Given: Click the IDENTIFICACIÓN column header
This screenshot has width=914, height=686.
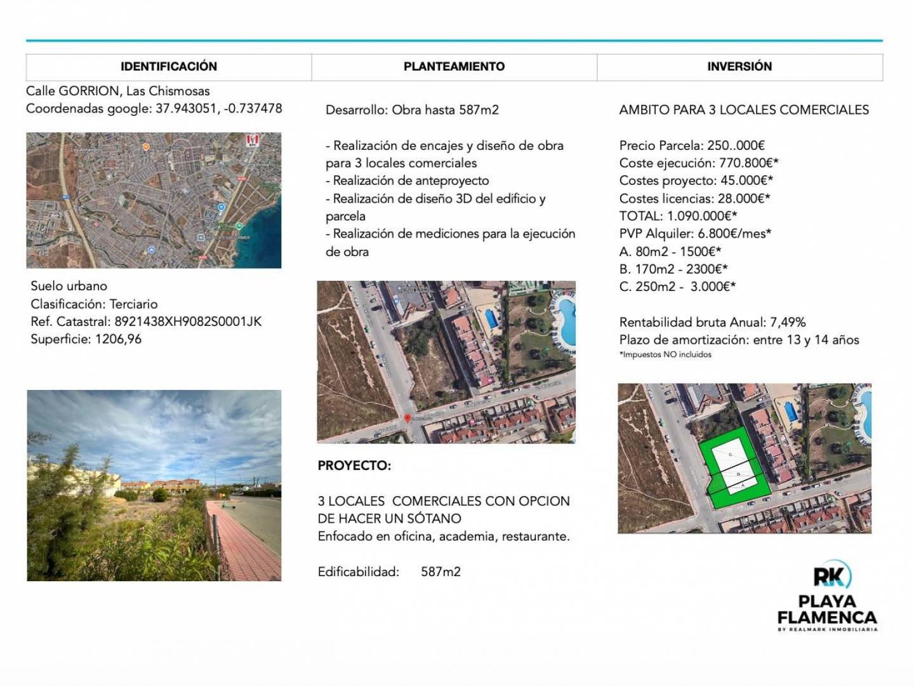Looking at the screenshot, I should pyautogui.click(x=169, y=67).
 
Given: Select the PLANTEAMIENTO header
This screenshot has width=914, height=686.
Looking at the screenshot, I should pyautogui.click(x=454, y=67).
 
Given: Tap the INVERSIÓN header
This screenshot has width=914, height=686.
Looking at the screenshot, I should pyautogui.click(x=739, y=67).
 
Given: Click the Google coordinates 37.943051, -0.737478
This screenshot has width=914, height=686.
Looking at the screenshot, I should pyautogui.click(x=218, y=109).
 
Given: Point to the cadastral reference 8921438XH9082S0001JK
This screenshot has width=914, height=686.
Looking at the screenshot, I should pyautogui.click(x=188, y=321).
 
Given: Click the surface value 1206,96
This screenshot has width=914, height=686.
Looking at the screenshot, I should pyautogui.click(x=118, y=339).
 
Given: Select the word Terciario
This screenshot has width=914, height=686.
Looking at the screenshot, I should pyautogui.click(x=133, y=304).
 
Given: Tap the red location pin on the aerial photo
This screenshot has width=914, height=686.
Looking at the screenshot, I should pyautogui.click(x=407, y=418).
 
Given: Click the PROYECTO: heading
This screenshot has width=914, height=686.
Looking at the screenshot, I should pyautogui.click(x=354, y=466).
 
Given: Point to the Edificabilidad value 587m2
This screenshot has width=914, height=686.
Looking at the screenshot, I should pyautogui.click(x=440, y=572).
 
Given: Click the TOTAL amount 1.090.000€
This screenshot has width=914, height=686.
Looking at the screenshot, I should pyautogui.click(x=701, y=216).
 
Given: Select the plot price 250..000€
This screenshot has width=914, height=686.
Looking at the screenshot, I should pyautogui.click(x=736, y=145).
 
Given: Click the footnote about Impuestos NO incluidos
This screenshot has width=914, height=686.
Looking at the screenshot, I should pyautogui.click(x=665, y=354).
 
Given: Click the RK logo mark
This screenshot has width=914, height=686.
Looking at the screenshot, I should pyautogui.click(x=831, y=576).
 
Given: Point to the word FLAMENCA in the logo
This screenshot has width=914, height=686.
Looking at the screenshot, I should pyautogui.click(x=826, y=617).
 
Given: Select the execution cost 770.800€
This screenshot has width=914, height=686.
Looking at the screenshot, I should pyautogui.click(x=748, y=163).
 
